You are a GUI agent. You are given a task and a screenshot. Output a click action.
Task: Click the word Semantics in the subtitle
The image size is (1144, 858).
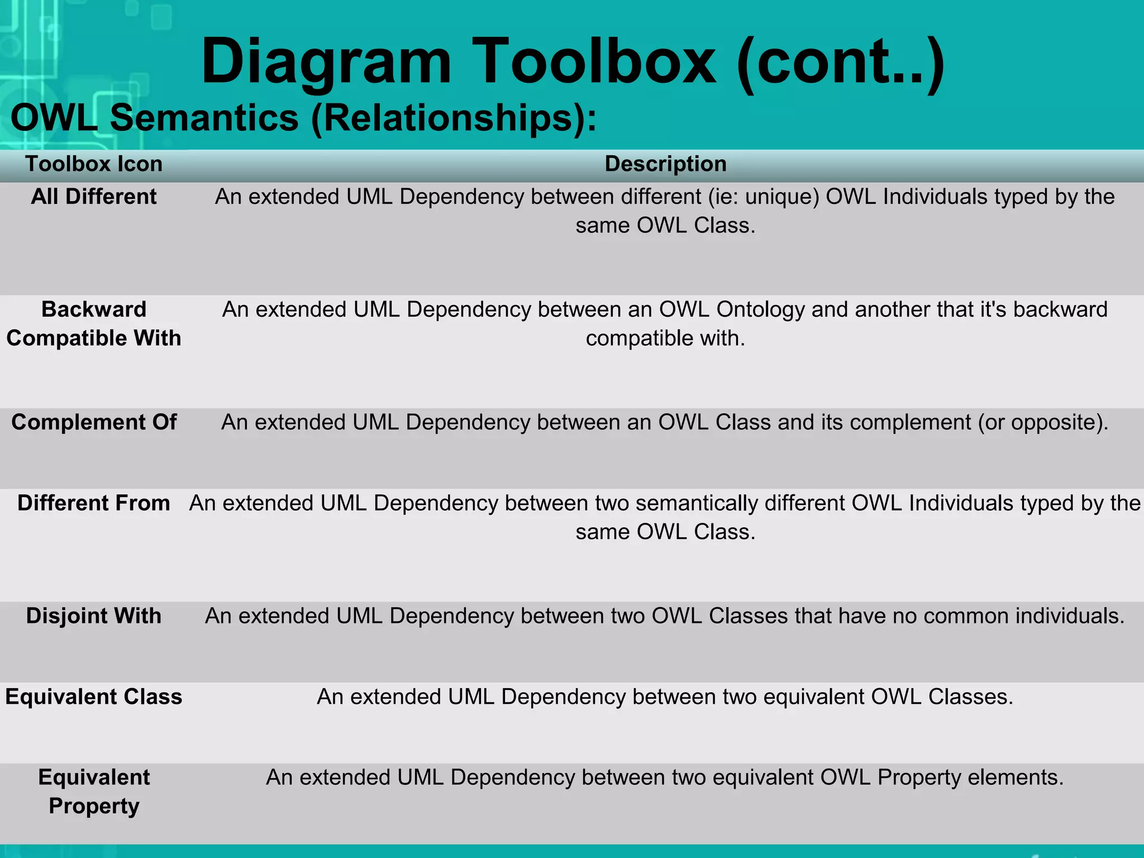204,118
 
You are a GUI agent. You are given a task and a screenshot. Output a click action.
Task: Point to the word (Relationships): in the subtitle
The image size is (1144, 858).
454,119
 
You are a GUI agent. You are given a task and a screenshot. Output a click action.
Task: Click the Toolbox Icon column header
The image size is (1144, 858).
94,164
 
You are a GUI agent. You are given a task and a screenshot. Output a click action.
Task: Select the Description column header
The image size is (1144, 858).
665,164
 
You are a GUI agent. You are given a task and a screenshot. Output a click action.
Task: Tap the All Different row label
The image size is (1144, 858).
94,197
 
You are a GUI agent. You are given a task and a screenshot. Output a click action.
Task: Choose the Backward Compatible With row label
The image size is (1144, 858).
94,323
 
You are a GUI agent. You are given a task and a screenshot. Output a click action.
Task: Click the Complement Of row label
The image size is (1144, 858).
94,422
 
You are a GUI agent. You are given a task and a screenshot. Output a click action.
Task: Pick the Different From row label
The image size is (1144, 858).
94,503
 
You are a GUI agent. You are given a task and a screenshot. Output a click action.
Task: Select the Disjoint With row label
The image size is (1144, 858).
94,616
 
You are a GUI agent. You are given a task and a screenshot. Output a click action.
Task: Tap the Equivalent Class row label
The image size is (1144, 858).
94,697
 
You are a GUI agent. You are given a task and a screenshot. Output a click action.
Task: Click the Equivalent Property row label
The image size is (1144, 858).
94,792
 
